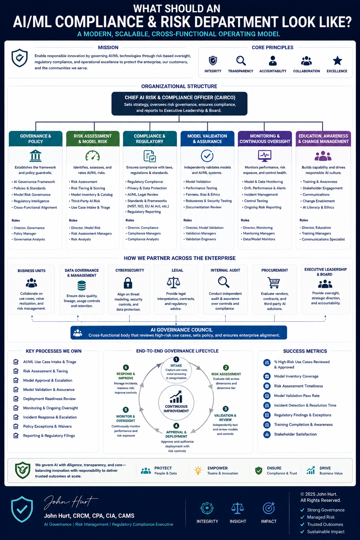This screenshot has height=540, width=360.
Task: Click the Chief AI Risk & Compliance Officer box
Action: (x=179, y=104)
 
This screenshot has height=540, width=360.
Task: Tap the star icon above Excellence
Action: (x=337, y=60)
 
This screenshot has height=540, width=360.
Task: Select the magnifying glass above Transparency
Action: (x=241, y=61)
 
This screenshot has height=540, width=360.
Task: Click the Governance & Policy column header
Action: (x=36, y=139)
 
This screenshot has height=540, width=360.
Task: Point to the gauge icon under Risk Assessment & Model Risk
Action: (x=92, y=156)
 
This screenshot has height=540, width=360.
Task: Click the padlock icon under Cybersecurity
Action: (x=128, y=283)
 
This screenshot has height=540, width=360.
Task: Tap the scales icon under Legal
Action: (x=174, y=282)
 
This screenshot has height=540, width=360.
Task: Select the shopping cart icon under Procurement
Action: (x=274, y=283)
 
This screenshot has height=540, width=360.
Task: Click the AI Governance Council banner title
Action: (x=181, y=330)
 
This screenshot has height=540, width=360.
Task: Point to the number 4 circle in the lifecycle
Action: (x=176, y=426)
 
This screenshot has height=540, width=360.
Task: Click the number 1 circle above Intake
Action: (x=176, y=359)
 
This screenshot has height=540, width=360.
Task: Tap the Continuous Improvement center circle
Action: (x=176, y=403)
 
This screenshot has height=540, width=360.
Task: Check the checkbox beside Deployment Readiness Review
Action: (x=16, y=399)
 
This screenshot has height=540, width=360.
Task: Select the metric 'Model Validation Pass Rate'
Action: (x=297, y=396)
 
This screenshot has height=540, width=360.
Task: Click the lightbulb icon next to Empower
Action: (x=198, y=470)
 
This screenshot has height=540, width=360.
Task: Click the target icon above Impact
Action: (x=269, y=508)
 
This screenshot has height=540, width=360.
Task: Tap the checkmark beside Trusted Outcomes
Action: (x=302, y=524)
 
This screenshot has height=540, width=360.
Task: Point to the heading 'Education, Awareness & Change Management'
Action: (x=323, y=139)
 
